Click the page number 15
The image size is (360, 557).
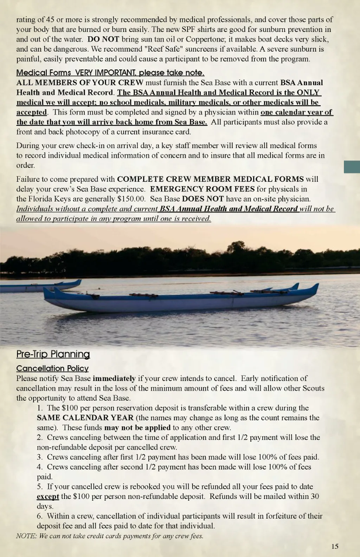click(x=335, y=546)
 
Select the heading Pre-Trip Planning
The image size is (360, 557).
click(x=53, y=354)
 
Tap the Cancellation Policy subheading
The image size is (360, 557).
click(x=52, y=368)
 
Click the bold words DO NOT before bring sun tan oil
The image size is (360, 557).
click(x=103, y=39)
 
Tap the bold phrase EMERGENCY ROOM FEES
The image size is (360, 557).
click(x=202, y=189)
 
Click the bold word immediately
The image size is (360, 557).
click(x=114, y=379)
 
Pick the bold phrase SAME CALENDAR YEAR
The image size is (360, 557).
click(x=85, y=418)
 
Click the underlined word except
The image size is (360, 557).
click(x=48, y=496)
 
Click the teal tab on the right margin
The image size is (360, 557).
click(x=352, y=167)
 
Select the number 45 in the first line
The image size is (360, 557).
click(x=50, y=19)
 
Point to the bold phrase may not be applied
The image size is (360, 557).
click(x=137, y=428)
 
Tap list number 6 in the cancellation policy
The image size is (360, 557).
click(x=40, y=516)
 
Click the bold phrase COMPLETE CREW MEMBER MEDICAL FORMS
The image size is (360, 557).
click(x=210, y=179)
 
